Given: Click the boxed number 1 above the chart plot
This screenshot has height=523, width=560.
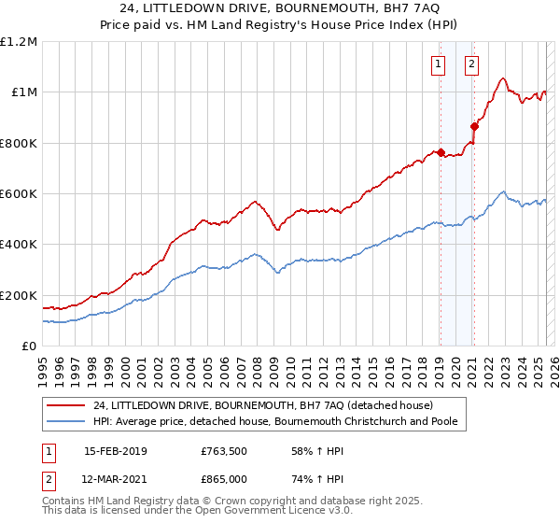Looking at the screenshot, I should click(438, 64).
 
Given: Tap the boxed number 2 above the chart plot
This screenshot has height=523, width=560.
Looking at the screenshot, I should click(471, 64).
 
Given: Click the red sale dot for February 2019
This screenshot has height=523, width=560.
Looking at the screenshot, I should click(440, 152).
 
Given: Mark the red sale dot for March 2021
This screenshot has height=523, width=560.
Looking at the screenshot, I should click(474, 127).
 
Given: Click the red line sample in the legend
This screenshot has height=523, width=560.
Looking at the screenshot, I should click(67, 406).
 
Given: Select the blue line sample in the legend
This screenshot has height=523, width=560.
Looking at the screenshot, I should click(67, 422).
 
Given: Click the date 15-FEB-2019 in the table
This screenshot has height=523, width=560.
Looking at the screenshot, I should click(116, 451).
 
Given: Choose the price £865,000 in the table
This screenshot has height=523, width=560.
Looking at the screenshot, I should click(224, 478).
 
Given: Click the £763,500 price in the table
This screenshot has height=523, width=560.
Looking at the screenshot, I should click(224, 451).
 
